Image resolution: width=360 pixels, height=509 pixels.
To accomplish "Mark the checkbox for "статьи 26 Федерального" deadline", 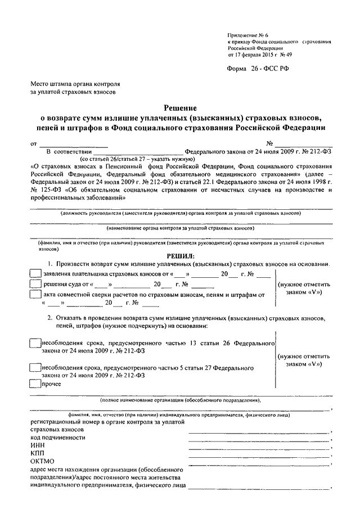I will pos(34,343).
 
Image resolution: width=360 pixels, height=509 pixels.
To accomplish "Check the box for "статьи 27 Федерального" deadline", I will pos(34,367).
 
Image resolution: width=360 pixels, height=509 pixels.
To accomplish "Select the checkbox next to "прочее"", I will pos(34,384).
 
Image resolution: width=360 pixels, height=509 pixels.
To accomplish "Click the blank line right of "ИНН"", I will pos(259,447).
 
